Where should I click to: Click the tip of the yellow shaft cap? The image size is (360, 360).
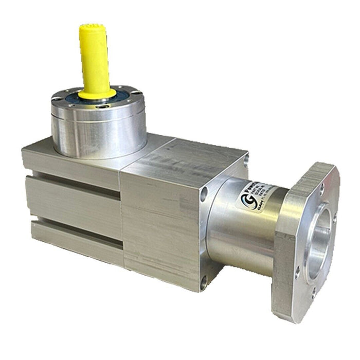tap(93, 27)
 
